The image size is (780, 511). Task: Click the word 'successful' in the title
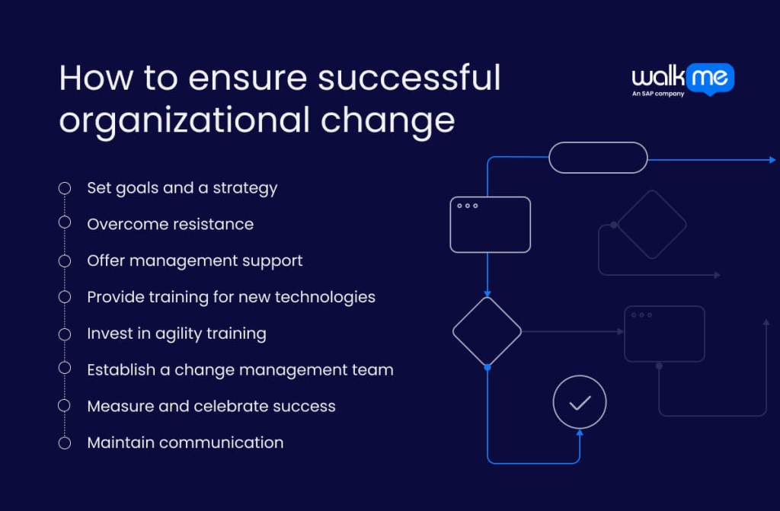[x=409, y=79]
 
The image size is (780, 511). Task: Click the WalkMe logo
[x=682, y=78]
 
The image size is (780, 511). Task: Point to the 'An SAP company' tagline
[x=657, y=94]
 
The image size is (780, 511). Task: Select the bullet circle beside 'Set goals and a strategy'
[x=65, y=187]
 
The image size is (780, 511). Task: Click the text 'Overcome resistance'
[x=170, y=224]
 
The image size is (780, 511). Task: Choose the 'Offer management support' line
[x=194, y=260]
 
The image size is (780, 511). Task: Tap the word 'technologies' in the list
[x=328, y=297]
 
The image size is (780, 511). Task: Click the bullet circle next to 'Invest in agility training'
[x=65, y=333]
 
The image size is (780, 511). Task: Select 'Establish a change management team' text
[x=240, y=370]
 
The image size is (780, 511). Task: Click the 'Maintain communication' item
[x=185, y=442]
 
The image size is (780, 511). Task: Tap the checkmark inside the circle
[x=580, y=402]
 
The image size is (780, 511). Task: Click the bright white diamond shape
[x=487, y=331]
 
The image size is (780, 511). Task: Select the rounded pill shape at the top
[x=598, y=158]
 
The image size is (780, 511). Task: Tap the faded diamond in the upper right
[x=651, y=225]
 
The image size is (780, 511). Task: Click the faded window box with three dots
[x=664, y=334]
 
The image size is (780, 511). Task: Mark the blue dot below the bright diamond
[x=487, y=367]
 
